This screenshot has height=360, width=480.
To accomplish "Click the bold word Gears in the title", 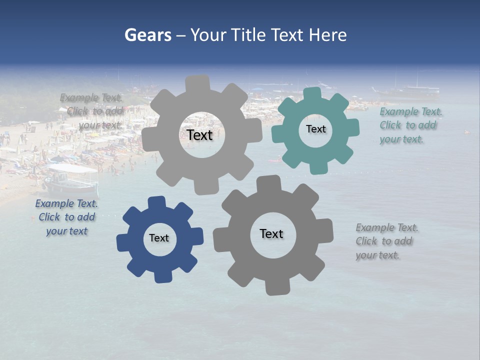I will pyautogui.click(x=147, y=35).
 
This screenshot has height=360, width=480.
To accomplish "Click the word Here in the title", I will pyautogui.click(x=327, y=35).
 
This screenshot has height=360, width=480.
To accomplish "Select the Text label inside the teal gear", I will pyautogui.click(x=315, y=129).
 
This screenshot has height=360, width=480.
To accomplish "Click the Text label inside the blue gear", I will pyautogui.click(x=159, y=238).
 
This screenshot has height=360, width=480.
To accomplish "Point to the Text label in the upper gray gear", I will pyautogui.click(x=199, y=135).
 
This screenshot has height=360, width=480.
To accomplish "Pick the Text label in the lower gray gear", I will pyautogui.click(x=271, y=233).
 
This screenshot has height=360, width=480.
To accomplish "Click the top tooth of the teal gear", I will pyautogui.click(x=313, y=93).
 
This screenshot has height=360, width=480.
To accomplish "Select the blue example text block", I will pyautogui.click(x=66, y=217).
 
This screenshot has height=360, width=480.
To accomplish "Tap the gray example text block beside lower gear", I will pyautogui.click(x=386, y=241).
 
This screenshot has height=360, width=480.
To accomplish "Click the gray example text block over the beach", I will pyautogui.click(x=92, y=111).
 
